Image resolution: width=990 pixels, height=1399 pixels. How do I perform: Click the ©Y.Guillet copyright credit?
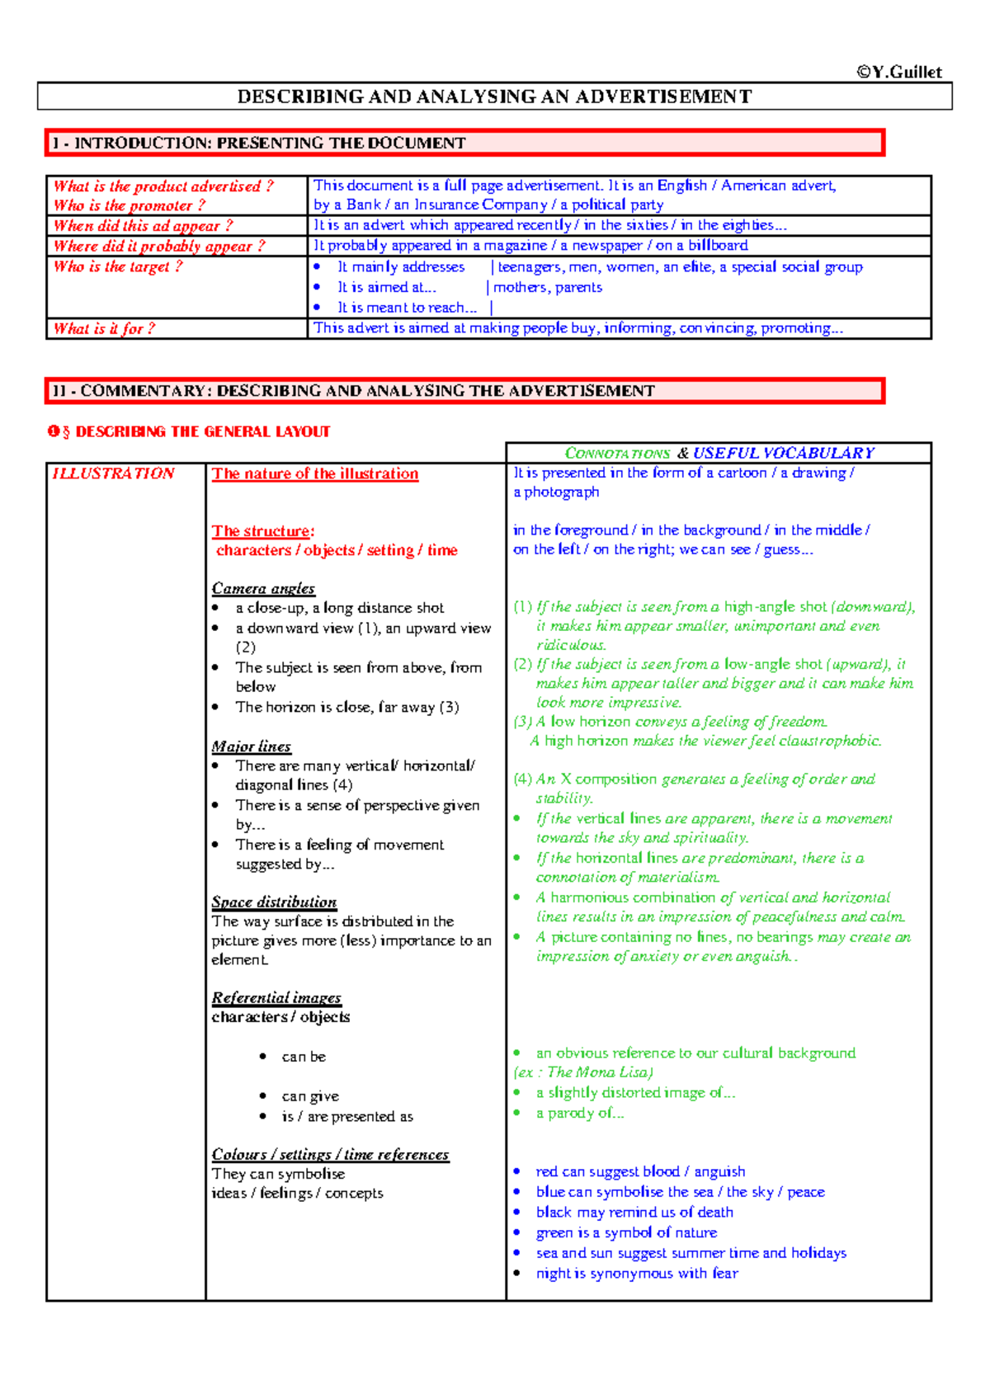(899, 72)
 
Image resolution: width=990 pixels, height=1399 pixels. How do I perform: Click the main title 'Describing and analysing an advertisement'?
(494, 97)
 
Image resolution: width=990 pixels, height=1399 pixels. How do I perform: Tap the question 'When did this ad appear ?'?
(144, 225)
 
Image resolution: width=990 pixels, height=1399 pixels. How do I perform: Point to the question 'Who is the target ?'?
(118, 266)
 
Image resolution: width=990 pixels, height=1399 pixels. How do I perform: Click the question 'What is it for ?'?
(104, 328)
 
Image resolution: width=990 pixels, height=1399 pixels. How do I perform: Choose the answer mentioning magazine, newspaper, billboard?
(530, 245)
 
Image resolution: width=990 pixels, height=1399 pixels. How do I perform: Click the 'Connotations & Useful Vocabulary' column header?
(719, 453)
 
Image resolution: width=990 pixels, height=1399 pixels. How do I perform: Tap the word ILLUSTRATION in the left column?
(113, 473)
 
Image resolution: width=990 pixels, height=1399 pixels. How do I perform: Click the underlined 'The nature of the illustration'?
(315, 473)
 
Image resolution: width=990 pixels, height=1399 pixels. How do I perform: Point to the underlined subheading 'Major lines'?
(251, 747)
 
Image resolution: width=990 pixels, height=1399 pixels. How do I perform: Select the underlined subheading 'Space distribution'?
(274, 902)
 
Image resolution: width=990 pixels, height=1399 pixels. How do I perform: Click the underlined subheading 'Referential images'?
(276, 997)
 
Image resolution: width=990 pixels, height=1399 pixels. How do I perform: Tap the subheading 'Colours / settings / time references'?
(330, 1154)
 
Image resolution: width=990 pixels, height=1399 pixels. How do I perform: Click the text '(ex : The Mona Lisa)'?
(583, 1072)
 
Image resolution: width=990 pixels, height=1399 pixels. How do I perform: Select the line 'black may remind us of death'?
(634, 1212)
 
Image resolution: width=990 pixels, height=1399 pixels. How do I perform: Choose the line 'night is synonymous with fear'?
(636, 1273)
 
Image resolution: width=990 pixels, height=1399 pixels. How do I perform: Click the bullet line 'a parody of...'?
(579, 1113)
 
